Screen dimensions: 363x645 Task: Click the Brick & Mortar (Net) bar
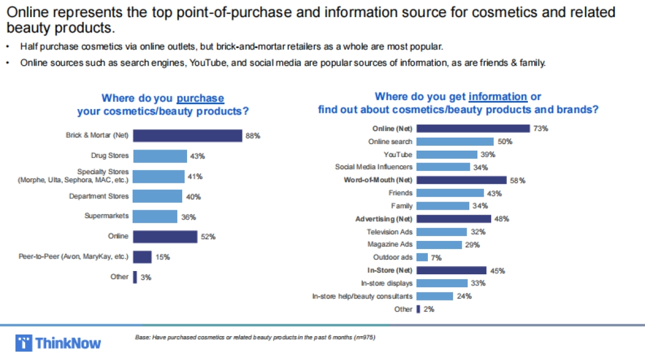point(188,136)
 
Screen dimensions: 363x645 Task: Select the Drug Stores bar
point(160,156)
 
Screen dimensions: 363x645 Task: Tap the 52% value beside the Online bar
point(209,237)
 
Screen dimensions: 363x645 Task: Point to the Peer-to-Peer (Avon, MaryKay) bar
point(142,257)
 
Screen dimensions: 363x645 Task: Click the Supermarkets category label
point(106,216)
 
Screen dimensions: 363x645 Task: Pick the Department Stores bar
point(158,196)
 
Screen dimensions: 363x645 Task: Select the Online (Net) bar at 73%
point(473,129)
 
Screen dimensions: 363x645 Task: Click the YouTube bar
point(447,154)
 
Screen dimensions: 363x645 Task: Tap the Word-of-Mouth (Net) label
point(378,180)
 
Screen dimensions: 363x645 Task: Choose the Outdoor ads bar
point(422,257)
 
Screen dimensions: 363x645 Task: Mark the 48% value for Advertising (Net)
point(501,219)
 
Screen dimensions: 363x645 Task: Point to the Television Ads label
point(390,232)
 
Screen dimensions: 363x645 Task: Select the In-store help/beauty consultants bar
point(434,296)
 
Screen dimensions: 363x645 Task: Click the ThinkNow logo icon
point(24,343)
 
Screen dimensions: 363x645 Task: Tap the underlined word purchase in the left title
point(200,98)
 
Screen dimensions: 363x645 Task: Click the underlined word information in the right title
point(498,97)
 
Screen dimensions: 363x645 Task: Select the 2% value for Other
point(429,309)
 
